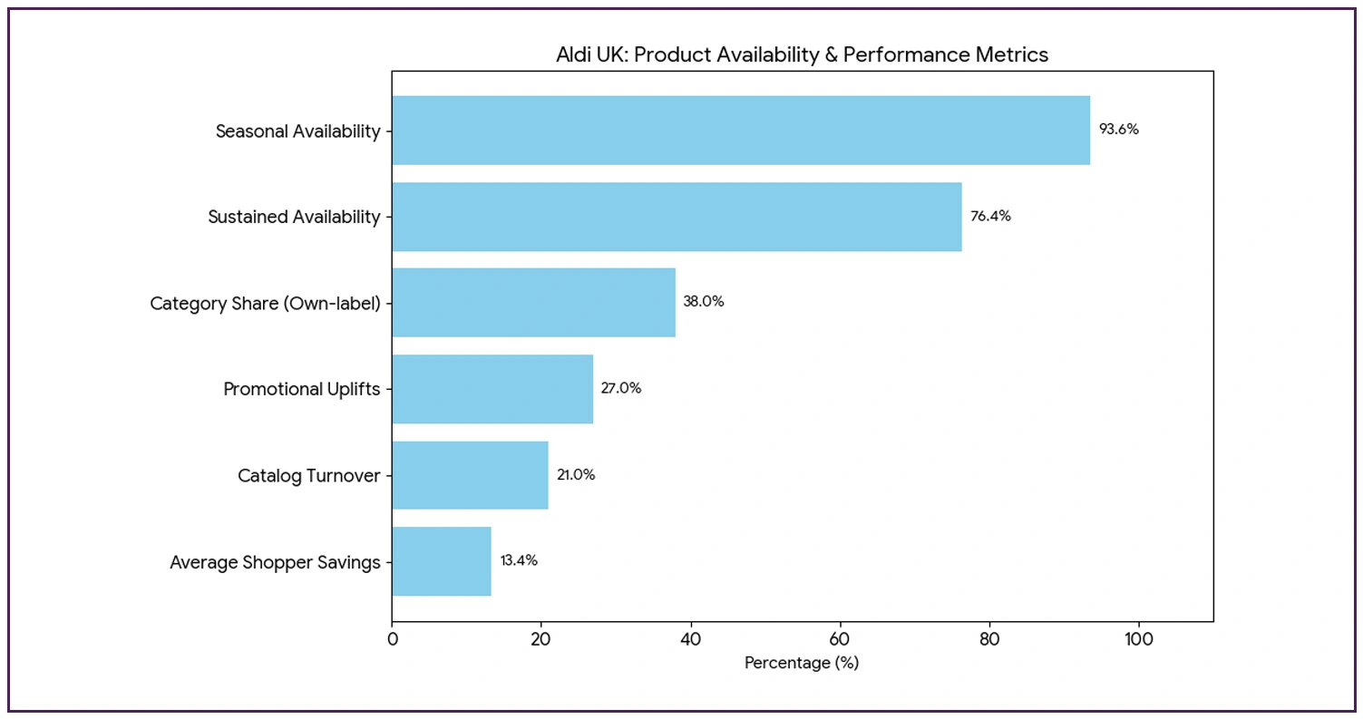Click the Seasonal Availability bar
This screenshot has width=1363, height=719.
click(740, 131)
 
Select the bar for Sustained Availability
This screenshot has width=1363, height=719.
click(677, 217)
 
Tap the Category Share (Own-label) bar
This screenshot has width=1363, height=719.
click(533, 303)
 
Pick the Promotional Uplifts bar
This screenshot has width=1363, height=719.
click(492, 389)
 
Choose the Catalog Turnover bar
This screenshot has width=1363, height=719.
click(470, 475)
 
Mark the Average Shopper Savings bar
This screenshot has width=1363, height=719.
click(442, 561)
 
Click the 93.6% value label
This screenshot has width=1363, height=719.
click(1118, 130)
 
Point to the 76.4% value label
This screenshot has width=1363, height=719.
click(990, 216)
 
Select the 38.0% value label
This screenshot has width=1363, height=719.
click(704, 302)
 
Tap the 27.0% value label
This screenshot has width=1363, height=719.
click(621, 388)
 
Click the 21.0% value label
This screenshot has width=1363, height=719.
click(576, 474)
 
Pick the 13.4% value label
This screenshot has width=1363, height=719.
click(519, 560)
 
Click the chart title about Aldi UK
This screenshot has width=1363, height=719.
click(802, 55)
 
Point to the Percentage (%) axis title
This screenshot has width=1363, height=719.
click(802, 663)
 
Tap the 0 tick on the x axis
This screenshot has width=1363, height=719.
click(392, 638)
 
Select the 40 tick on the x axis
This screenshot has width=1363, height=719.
click(690, 638)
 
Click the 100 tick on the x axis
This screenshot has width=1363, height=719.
click(1138, 638)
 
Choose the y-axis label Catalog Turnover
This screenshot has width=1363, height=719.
click(308, 475)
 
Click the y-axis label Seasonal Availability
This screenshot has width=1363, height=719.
click(297, 131)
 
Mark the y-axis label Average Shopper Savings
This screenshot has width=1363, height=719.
click(275, 562)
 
